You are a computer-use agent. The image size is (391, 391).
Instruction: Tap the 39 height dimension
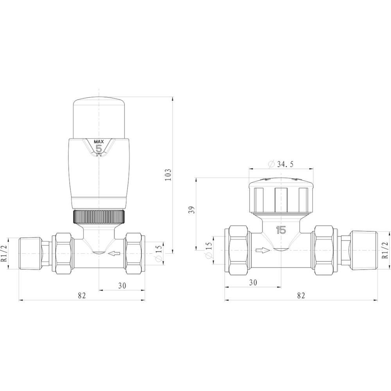click(x=191, y=210)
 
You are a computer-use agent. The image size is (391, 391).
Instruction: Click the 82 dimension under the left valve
click(x=81, y=296)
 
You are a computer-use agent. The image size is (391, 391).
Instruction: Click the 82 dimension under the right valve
click(x=300, y=296)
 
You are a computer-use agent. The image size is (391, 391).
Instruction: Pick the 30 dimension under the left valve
click(x=122, y=286)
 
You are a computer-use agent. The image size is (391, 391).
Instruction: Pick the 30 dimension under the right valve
click(x=253, y=282)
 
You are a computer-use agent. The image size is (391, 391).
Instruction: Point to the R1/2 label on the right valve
click(x=385, y=250)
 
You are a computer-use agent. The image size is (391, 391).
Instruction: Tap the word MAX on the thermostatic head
click(x=98, y=141)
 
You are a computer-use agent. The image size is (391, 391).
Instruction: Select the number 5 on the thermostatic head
click(x=99, y=149)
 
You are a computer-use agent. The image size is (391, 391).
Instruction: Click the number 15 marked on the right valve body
click(x=281, y=230)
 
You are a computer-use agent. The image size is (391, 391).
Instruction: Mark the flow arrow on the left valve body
click(x=114, y=254)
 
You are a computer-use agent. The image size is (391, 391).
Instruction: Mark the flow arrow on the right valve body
click(x=262, y=250)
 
